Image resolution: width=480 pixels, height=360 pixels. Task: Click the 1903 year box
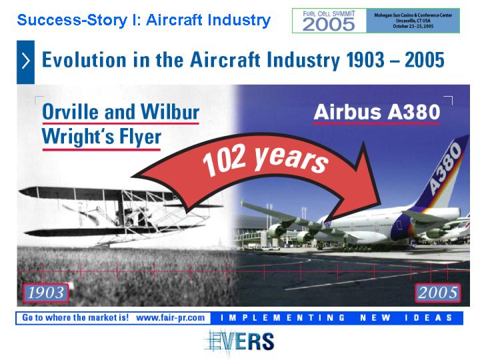(45, 293)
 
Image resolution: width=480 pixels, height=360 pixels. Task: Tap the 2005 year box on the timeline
(438, 293)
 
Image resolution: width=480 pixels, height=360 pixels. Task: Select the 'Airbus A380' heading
(377, 112)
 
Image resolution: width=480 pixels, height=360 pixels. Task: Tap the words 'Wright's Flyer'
(101, 137)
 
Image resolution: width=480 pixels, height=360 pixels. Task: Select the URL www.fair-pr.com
(171, 318)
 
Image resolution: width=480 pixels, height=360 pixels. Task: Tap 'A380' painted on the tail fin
(445, 169)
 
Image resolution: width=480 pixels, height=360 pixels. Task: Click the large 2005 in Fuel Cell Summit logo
(329, 24)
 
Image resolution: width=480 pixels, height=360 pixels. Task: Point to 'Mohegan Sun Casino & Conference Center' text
(413, 15)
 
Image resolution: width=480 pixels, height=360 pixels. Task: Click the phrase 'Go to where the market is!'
(75, 318)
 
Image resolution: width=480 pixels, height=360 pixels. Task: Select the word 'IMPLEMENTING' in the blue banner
(283, 318)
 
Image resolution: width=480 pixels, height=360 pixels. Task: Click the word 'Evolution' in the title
(84, 60)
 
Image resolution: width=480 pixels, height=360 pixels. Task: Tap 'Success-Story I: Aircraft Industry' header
(144, 20)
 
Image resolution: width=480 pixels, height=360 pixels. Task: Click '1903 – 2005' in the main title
(395, 60)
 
